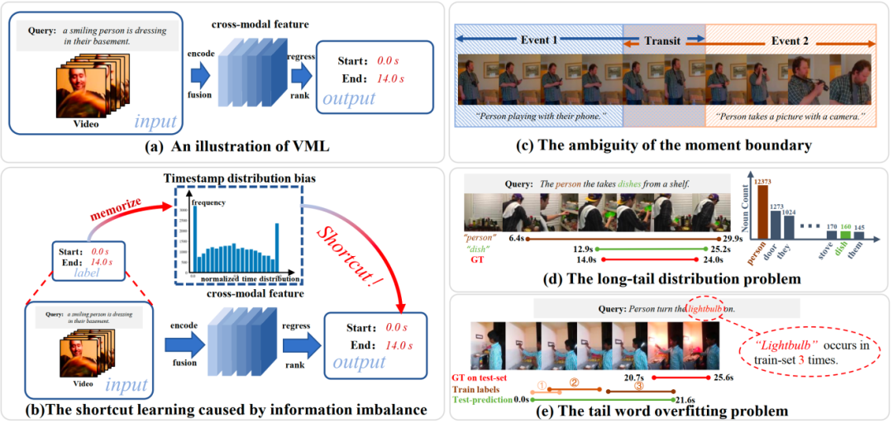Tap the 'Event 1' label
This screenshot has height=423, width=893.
pyautogui.click(x=539, y=39)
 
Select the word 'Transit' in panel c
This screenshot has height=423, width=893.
pyautogui.click(x=664, y=39)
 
